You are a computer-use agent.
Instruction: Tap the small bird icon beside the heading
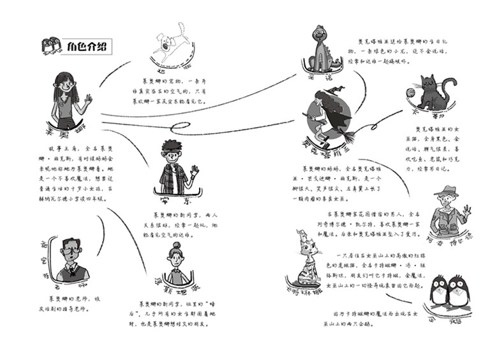52,46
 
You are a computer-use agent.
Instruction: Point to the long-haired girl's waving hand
88,100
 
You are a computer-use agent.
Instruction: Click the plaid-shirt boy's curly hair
172,146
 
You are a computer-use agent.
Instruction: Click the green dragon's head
320,34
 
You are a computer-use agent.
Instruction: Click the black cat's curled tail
451,83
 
